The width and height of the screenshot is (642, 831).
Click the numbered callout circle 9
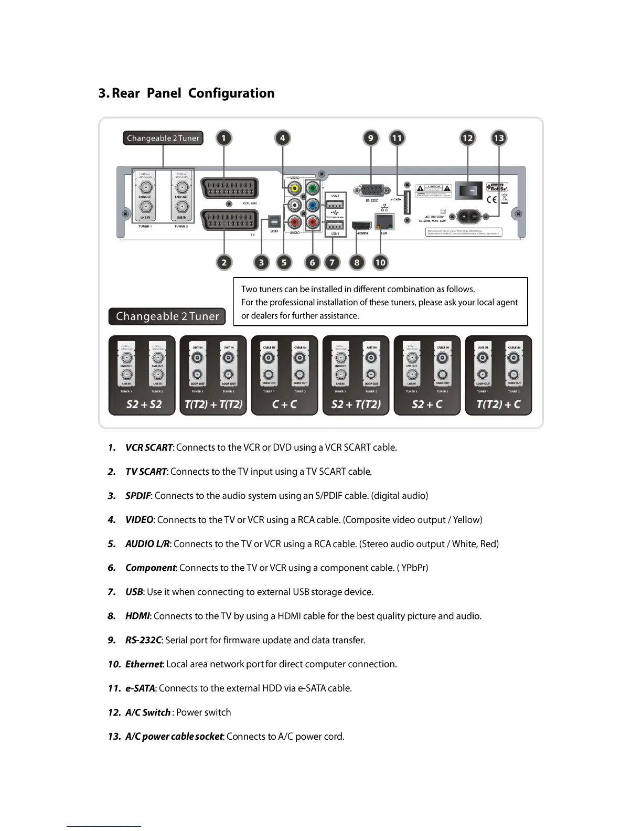(371, 138)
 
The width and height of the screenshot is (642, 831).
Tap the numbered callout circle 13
(498, 138)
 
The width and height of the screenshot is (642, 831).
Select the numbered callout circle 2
(224, 262)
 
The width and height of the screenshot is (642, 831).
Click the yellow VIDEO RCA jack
(295, 188)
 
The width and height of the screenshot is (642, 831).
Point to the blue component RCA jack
(313, 205)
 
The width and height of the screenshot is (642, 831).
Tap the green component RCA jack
(313, 188)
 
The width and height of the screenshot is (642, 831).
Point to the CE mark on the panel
(491, 199)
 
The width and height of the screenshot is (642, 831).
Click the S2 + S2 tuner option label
(144, 404)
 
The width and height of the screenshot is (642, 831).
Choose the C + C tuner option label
(284, 404)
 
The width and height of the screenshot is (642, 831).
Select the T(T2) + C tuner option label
(498, 404)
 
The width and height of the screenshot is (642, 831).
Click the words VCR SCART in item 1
(149, 448)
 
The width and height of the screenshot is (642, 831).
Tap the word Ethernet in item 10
(144, 664)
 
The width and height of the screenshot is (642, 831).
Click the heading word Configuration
(231, 93)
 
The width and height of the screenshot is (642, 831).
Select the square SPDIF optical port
(274, 221)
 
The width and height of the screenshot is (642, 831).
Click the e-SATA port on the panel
(406, 201)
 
